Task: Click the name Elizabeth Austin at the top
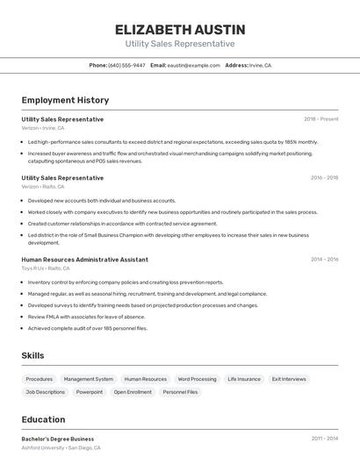(180, 30)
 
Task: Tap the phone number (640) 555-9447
(126, 65)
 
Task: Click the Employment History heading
(65, 100)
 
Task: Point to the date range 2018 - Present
(321, 118)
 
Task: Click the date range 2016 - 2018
(324, 177)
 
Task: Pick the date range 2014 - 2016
(324, 259)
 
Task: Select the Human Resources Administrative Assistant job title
(84, 260)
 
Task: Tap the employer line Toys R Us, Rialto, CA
(46, 268)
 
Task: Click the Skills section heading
(32, 355)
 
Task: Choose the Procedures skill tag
(40, 379)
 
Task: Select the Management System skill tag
(89, 379)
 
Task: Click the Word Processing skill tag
(197, 379)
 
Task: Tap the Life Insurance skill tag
(244, 379)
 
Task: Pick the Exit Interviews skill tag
(289, 379)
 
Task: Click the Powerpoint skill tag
(90, 392)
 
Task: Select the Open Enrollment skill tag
(133, 392)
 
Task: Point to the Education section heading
(43, 419)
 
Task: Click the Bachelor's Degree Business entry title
(58, 439)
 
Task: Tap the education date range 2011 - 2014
(324, 438)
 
